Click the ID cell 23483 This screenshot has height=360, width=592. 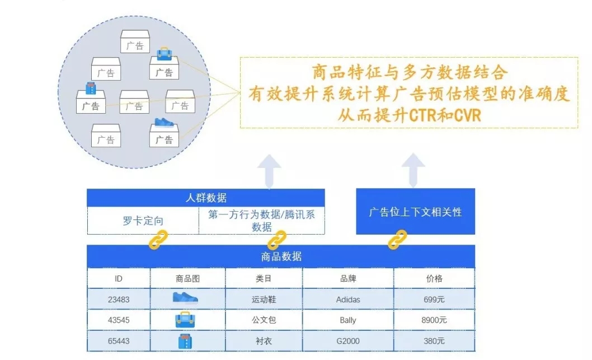point(119,300)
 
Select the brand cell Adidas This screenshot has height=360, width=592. point(347,300)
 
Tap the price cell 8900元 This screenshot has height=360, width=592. point(434,320)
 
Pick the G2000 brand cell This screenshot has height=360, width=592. point(347,341)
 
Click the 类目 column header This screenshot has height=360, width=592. point(264,278)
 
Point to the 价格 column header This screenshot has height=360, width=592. point(434,278)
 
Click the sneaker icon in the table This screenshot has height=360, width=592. point(185,298)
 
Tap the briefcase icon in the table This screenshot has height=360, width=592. point(185,320)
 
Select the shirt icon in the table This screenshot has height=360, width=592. point(185,341)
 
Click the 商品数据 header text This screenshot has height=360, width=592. point(281,256)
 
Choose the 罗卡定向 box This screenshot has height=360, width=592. point(143,221)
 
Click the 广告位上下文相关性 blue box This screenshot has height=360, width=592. point(415,212)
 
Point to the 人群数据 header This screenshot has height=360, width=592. point(206,198)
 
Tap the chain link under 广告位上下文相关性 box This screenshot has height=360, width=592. point(398,240)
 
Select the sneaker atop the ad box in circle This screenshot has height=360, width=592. point(165,122)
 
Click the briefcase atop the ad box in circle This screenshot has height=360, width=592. point(165,54)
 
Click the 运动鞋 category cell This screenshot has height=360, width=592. point(264,300)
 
